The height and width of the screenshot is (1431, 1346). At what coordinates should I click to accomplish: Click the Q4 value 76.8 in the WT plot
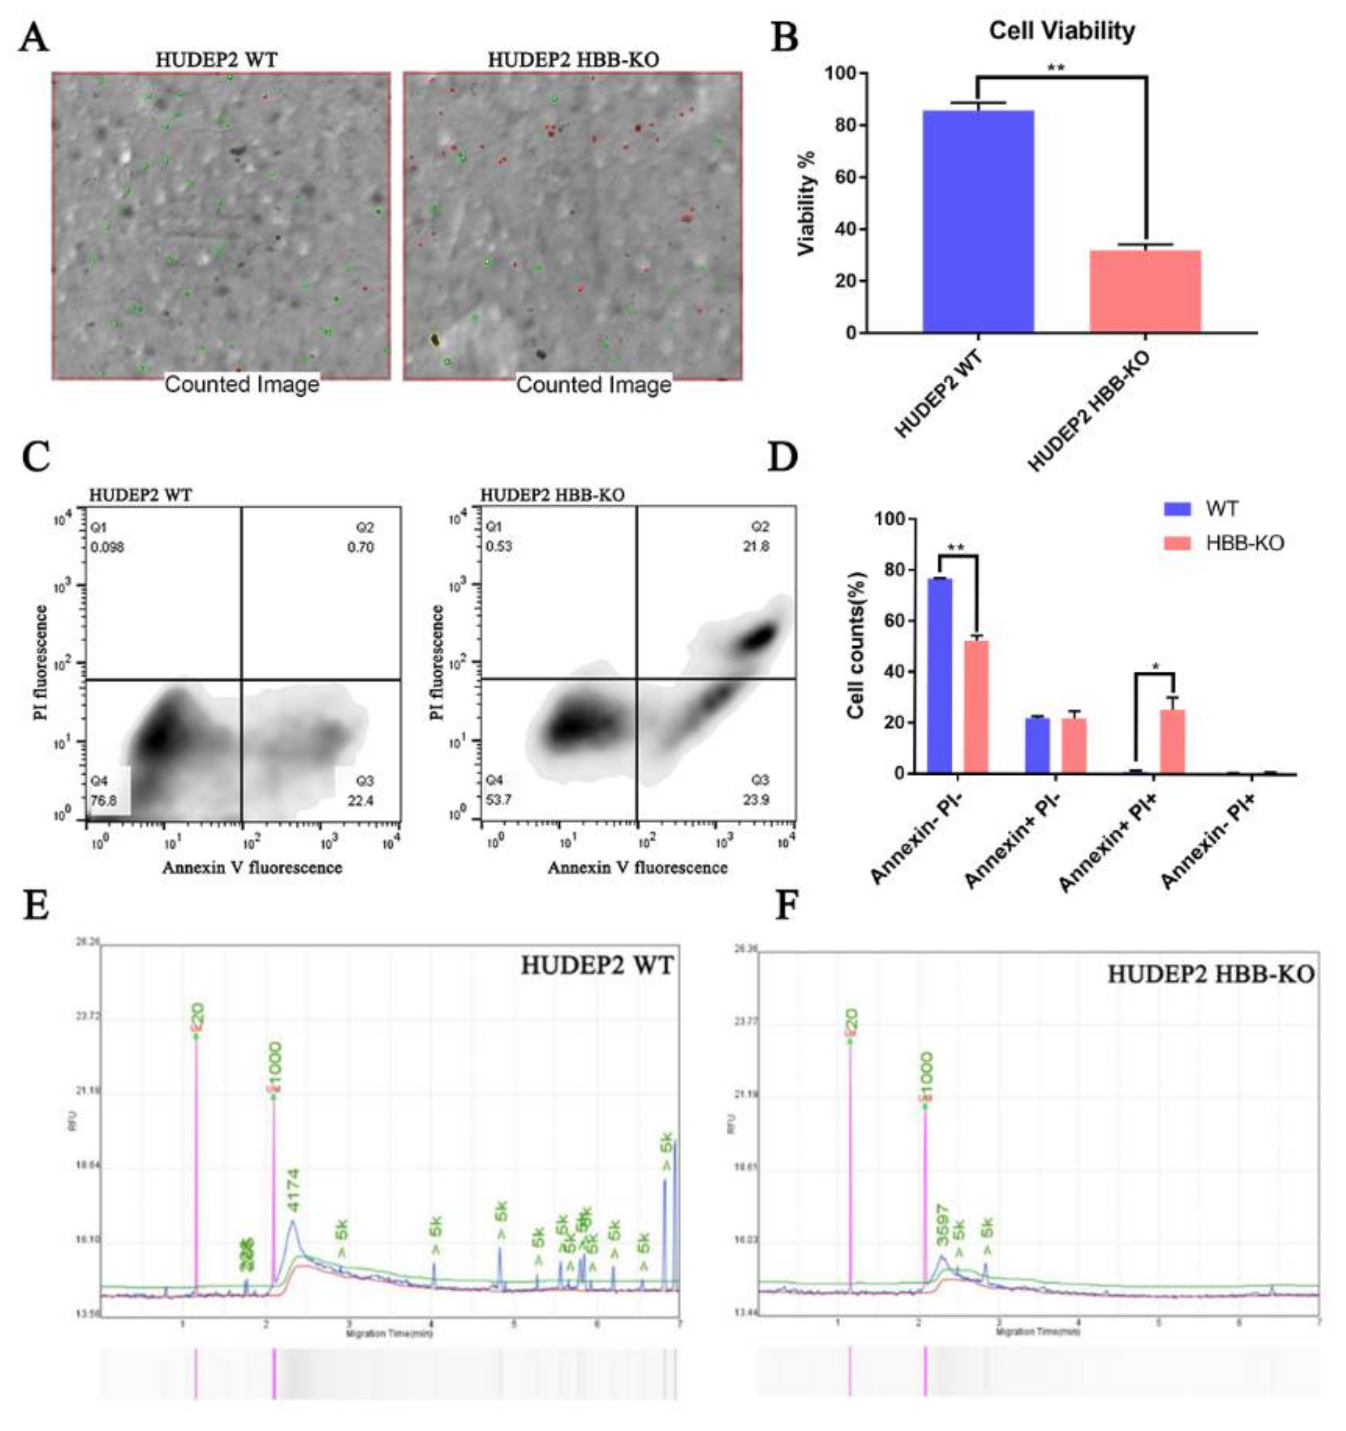pyautogui.click(x=104, y=800)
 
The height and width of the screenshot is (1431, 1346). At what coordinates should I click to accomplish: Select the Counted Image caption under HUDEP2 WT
pyautogui.click(x=242, y=384)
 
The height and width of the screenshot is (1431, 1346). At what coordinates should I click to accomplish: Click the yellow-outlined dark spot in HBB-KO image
pyautogui.click(x=435, y=339)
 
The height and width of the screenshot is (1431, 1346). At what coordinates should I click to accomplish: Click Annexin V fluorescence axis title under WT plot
pyautogui.click(x=252, y=867)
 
